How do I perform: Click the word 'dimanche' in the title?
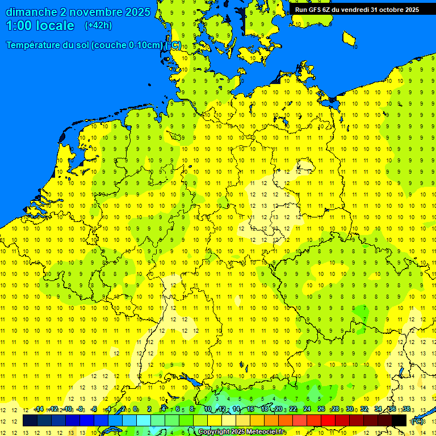point(31,12)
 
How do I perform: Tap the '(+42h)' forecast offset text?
point(98,26)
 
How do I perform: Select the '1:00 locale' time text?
point(40,26)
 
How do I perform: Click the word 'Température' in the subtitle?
point(36,45)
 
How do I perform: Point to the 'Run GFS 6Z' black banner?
point(357,9)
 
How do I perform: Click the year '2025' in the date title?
point(138,12)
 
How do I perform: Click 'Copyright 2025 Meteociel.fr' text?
point(241,432)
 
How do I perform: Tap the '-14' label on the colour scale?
point(39,409)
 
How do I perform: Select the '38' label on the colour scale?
point(406,409)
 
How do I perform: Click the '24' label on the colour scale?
point(307,409)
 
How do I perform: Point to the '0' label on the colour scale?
point(135,409)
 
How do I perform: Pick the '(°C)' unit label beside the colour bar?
point(417,421)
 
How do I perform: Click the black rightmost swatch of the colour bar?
point(399,421)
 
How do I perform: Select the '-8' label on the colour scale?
point(81,409)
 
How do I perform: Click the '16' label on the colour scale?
point(250,409)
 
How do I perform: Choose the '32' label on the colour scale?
point(363,409)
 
